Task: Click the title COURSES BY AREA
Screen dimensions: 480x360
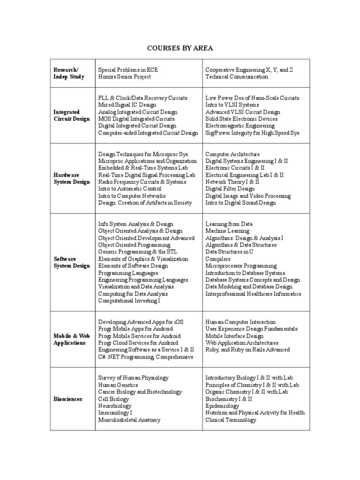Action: click(180, 48)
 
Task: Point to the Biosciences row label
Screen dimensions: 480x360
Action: click(68, 399)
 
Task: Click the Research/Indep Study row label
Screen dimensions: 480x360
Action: click(69, 73)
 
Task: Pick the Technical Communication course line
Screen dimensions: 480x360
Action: click(237, 77)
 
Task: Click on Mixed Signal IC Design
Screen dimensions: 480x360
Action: click(127, 105)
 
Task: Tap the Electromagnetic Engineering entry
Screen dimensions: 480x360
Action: click(240, 126)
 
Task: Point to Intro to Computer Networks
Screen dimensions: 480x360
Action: click(132, 196)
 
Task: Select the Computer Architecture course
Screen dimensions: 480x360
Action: click(232, 154)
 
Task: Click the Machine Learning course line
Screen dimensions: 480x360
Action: click(227, 231)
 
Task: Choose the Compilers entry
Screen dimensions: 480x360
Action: click(218, 259)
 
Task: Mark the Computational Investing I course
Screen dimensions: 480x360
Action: click(129, 300)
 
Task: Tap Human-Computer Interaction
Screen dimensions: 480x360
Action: click(240, 322)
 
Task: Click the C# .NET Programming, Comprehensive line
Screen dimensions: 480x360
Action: click(145, 357)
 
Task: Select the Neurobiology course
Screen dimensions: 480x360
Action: click(115, 406)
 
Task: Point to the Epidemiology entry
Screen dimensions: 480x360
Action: click(222, 406)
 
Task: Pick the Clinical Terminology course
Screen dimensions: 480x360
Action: click(231, 420)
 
